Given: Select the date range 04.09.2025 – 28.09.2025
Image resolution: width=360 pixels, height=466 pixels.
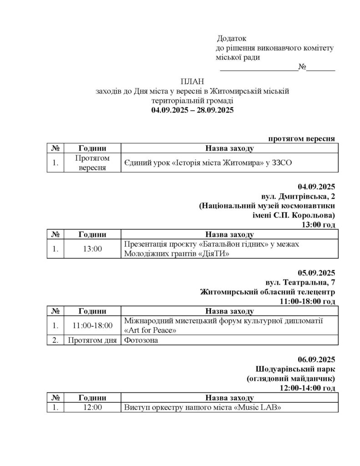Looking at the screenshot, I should [193, 110].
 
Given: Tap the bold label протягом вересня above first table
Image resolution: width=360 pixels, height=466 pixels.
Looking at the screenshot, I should [302, 138].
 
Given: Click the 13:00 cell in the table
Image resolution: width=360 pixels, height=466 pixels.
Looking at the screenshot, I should [92, 249].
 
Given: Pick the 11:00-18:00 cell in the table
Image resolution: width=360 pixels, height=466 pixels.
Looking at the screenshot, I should [92, 326].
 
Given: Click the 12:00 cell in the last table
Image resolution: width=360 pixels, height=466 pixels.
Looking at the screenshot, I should [92, 407].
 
